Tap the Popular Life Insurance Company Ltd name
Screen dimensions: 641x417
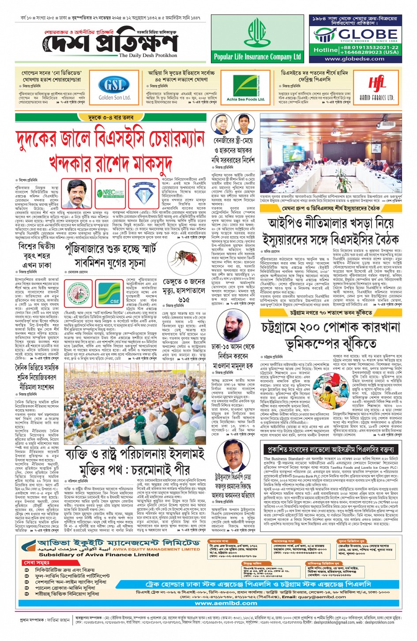point(257,57)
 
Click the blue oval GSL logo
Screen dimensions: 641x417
point(114,84)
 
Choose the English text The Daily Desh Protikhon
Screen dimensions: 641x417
point(148,56)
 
